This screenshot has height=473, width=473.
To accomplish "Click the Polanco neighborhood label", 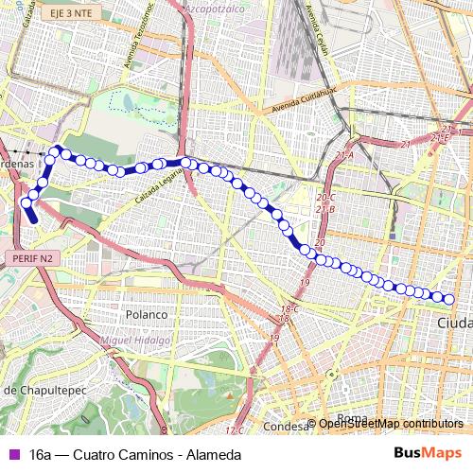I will point(147,314).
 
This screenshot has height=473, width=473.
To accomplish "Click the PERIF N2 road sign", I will point(32,256).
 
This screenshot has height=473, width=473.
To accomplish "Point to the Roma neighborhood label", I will point(352,418).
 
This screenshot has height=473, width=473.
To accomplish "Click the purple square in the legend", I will point(11,455).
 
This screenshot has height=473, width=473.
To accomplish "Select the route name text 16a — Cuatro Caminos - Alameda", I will point(135,455).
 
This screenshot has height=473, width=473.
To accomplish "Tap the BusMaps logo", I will point(428,454).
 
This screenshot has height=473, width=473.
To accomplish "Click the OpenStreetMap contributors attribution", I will point(390,424).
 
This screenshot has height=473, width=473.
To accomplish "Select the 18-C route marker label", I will point(289,309).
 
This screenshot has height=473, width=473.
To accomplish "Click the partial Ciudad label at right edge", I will point(455,324).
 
